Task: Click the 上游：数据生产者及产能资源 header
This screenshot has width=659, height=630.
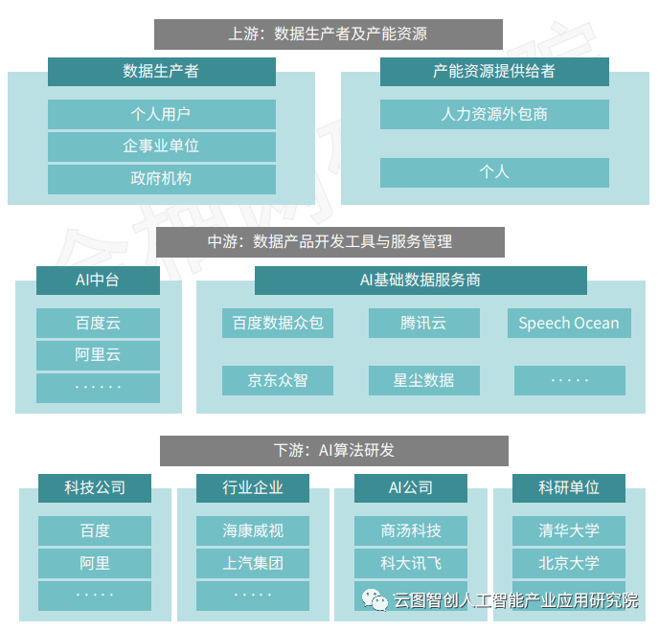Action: pyautogui.click(x=329, y=34)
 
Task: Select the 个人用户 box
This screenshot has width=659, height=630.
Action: pyautogui.click(x=161, y=114)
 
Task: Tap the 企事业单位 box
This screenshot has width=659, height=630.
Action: pyautogui.click(x=161, y=146)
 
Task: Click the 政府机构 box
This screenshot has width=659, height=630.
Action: pyautogui.click(x=161, y=178)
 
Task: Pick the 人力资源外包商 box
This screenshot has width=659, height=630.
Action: pyautogui.click(x=494, y=114)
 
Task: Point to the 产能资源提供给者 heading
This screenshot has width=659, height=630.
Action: pyautogui.click(x=494, y=72)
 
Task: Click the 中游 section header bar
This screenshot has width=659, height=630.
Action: pyautogui.click(x=329, y=242)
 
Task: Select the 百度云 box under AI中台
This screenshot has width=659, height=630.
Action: pyautogui.click(x=98, y=323)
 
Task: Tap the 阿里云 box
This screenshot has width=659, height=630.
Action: pyautogui.click(x=98, y=355)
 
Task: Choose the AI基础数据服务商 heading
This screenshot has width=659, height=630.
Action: pyautogui.click(x=420, y=281)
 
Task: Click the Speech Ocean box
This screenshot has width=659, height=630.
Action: pyautogui.click(x=569, y=323)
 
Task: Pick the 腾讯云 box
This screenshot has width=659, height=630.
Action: pyautogui.click(x=423, y=323)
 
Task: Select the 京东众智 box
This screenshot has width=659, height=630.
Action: pyautogui.click(x=278, y=380)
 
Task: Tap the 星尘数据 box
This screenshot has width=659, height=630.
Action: pyautogui.click(x=423, y=380)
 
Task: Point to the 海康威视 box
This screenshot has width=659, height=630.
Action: pyautogui.click(x=253, y=530)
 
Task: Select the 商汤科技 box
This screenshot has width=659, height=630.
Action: pyautogui.click(x=411, y=530)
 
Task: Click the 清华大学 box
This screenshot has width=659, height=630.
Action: pyautogui.click(x=569, y=530)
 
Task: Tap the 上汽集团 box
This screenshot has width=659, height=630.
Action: pyautogui.click(x=253, y=563)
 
